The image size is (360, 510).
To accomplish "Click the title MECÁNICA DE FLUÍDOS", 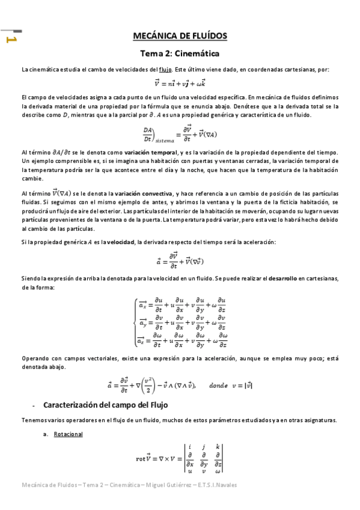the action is [x=180, y=35].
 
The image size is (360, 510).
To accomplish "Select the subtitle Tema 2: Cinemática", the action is [x=180, y=54].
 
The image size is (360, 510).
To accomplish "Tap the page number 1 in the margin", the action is [x=11, y=40].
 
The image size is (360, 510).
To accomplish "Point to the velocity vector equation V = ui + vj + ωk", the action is [x=180, y=84].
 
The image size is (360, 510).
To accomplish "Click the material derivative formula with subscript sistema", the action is [x=180, y=134].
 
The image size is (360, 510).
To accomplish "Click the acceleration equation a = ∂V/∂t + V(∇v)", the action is [x=180, y=261].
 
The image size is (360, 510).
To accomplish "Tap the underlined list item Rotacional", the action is [x=69, y=434].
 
